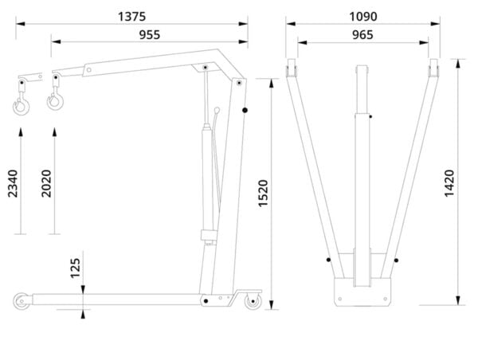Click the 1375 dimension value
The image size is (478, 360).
[131, 17]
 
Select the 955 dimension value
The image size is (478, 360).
[150, 35]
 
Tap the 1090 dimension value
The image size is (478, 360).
[362, 17]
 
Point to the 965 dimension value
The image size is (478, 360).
[362, 35]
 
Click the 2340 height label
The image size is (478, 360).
[13, 183]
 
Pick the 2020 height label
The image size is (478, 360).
[46, 183]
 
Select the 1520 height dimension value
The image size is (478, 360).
[263, 194]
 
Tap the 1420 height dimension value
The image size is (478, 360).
[449, 183]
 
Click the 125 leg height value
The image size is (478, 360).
[75, 268]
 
